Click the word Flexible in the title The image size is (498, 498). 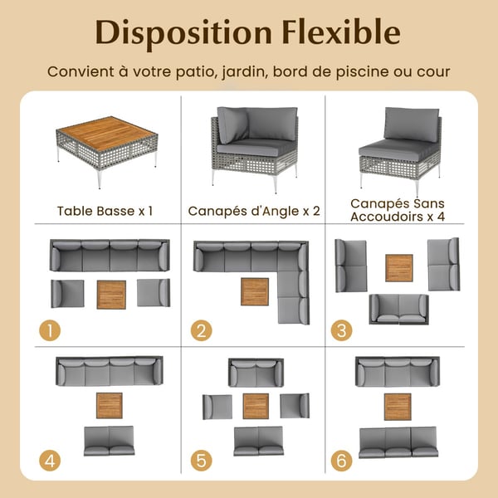tap(341, 32)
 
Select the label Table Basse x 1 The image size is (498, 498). tap(105, 211)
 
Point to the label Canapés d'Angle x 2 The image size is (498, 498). tap(254, 211)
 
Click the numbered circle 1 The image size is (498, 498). tap(50, 330)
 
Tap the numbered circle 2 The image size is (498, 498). tap(202, 330)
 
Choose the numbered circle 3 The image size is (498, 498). tap(341, 330)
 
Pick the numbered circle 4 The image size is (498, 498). tap(50, 461)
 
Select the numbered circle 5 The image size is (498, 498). tap(202, 461)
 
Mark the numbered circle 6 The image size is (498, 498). tap(341, 461)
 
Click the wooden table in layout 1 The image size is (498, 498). tap(111, 295)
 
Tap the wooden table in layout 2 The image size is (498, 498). tap(255, 292)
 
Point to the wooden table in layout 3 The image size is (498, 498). tap(399, 268)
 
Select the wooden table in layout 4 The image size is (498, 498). tap(110, 406)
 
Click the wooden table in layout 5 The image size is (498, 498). tap(256, 406)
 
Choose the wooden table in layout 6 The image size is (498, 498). tap(398, 407)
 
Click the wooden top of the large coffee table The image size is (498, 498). tap(107, 133)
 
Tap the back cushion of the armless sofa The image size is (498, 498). tap(412, 124)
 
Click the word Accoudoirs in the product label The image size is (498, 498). tap(387, 217)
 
